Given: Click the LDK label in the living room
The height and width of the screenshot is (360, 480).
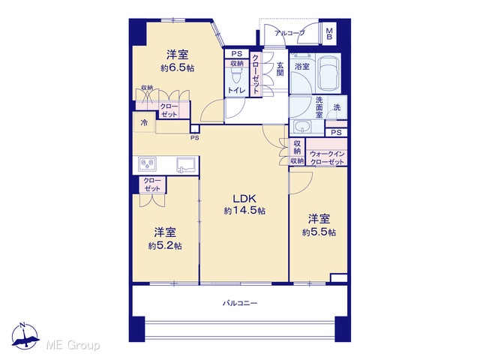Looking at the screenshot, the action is click(x=244, y=199).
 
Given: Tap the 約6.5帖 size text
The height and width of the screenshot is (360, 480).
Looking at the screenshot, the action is click(x=178, y=68).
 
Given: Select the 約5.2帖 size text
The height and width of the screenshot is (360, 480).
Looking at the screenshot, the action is click(x=165, y=246).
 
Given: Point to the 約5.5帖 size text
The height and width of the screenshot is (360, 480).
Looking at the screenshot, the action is click(x=319, y=232).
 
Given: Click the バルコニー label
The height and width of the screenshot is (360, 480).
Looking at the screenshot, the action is click(x=240, y=303).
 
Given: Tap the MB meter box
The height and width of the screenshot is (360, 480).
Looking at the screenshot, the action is click(x=329, y=34).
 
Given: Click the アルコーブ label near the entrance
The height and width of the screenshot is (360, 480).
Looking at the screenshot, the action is click(x=289, y=33).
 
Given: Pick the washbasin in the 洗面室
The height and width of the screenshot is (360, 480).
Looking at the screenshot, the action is click(x=302, y=126).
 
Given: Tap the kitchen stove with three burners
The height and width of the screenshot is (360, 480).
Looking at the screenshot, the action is click(x=147, y=163).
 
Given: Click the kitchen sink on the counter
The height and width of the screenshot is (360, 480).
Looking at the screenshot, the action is click(x=186, y=164).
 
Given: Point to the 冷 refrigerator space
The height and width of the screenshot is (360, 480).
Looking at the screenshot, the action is click(x=144, y=122).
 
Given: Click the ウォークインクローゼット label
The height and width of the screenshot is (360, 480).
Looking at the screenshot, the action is click(x=327, y=158).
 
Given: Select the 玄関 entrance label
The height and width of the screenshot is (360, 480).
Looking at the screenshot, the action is click(x=280, y=69).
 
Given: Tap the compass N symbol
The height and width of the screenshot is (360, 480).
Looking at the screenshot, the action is click(x=24, y=335).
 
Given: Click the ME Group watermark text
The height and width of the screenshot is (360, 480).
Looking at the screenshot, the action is click(x=73, y=346).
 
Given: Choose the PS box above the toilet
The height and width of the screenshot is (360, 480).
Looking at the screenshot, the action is click(x=237, y=54).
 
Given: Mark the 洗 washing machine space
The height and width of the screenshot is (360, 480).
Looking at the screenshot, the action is click(x=337, y=107).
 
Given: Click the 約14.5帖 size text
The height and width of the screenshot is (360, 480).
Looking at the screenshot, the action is click(x=244, y=211).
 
